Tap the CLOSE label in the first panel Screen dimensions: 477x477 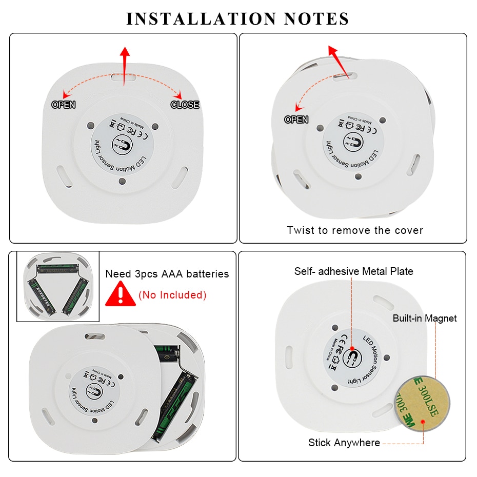[185, 105]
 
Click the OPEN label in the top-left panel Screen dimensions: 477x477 [64, 105]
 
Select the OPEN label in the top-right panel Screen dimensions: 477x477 [296, 120]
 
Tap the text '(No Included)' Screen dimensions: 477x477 [172, 295]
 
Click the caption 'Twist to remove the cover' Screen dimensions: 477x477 [355, 230]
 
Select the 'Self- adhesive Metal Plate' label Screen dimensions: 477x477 [353, 271]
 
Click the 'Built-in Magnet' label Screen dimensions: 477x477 [425, 318]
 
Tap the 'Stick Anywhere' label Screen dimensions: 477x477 [344, 442]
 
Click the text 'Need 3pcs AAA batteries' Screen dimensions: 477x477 [167, 274]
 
